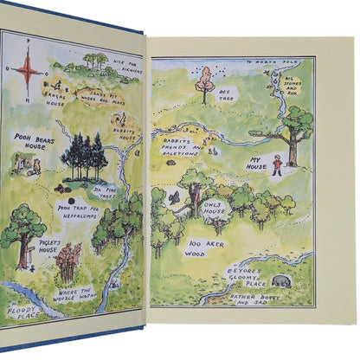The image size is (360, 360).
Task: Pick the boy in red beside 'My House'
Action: coord(276,164)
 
